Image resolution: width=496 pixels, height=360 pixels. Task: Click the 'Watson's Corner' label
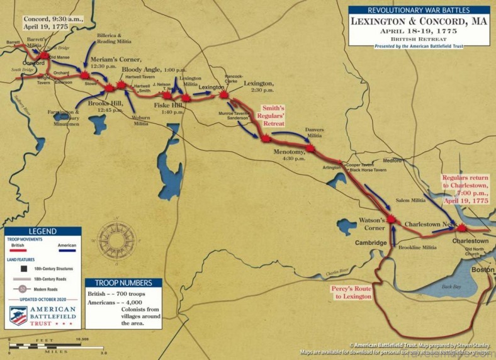(x=372, y=224)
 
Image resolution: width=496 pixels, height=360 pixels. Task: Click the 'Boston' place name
(x=483, y=269)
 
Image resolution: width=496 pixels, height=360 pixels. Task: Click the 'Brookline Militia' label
(x=417, y=248)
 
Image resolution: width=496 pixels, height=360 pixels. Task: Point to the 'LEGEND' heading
(x=42, y=232)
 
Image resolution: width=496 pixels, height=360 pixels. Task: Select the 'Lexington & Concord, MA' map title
(x=419, y=21)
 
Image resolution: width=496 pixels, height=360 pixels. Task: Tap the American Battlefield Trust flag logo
(x=18, y=315)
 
